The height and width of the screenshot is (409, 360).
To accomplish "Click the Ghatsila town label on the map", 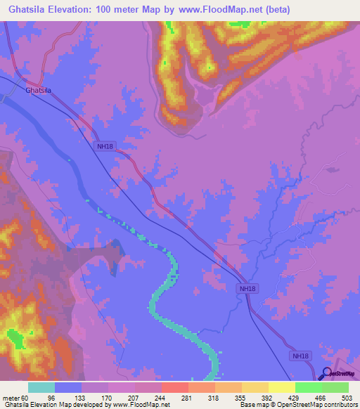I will click(x=39, y=91).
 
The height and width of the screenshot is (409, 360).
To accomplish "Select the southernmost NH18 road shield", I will click(x=300, y=356).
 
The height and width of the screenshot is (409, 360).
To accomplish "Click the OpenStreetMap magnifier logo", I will click(x=326, y=374).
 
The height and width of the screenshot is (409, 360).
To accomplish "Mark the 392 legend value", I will click(x=269, y=397).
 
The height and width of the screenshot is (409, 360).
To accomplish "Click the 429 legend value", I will click(x=295, y=397).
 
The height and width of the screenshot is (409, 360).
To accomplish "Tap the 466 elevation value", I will click(x=322, y=397).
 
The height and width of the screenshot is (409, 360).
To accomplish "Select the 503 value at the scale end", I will click(x=348, y=397).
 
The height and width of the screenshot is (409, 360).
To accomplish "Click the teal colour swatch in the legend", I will click(x=41, y=387).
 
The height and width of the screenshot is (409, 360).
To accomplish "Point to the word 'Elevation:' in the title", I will click(x=75, y=10).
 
